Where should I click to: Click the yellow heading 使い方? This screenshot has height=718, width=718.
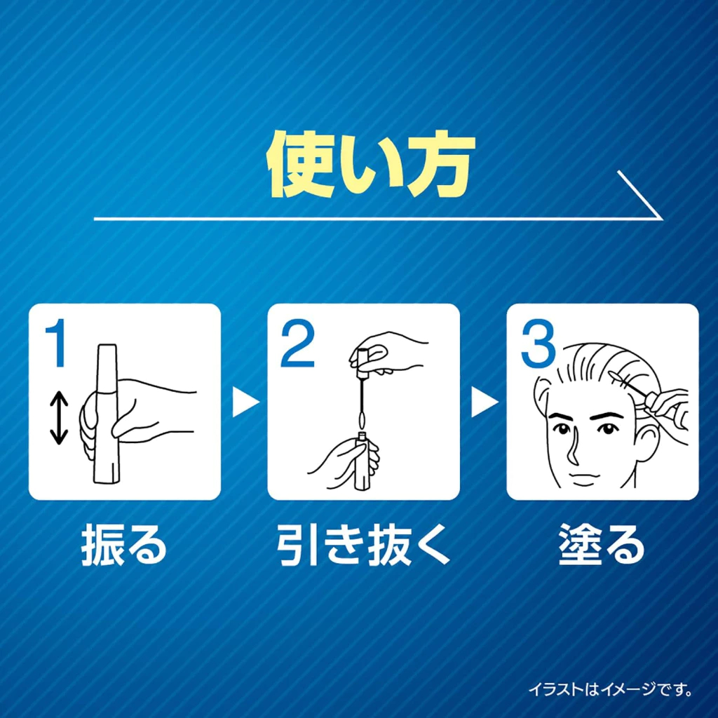(x=371, y=165)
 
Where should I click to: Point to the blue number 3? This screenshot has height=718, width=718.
(x=538, y=344)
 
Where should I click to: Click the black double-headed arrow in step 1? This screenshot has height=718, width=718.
(x=59, y=418)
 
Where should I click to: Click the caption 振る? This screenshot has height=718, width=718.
(x=123, y=546)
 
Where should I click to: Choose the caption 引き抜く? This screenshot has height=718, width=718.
(x=363, y=546)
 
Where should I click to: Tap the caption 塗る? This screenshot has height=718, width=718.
(x=602, y=546)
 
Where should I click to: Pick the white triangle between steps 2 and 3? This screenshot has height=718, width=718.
(x=484, y=402)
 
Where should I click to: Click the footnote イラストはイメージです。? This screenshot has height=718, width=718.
(x=611, y=689)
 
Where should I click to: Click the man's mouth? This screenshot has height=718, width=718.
(x=581, y=476)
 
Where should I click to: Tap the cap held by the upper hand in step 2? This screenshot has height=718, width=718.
(x=362, y=360)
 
